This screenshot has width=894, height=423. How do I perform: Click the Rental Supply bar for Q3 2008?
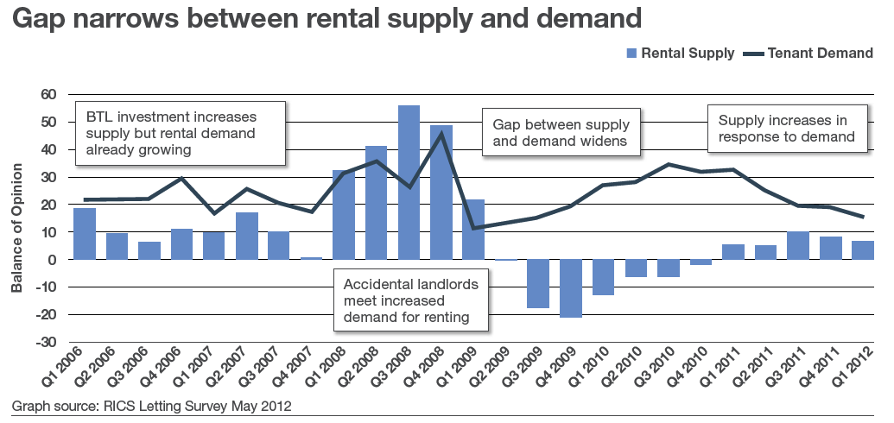[409, 182]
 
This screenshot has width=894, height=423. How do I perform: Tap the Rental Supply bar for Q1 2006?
[85, 234]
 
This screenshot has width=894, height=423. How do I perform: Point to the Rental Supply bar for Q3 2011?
[797, 245]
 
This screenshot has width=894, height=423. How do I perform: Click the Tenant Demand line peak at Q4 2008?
[441, 133]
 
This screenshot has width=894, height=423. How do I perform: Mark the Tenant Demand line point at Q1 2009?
[473, 228]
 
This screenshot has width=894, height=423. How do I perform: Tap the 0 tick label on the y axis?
[52, 260]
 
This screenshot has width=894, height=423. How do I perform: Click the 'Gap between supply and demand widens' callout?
[561, 131]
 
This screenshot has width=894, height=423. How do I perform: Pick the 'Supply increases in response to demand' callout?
[786, 128]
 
